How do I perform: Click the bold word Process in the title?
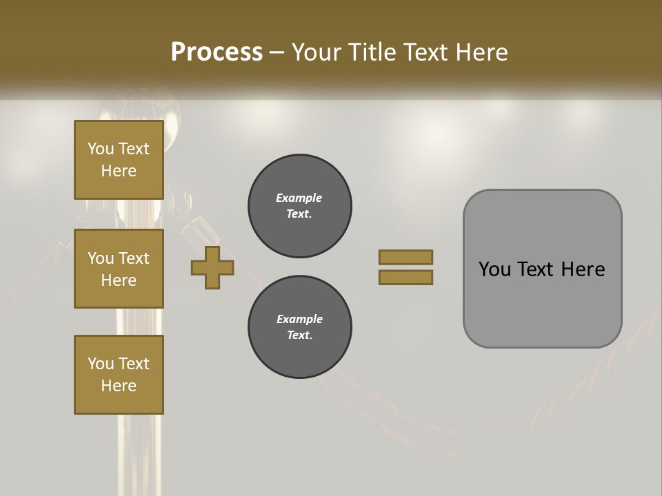tap(217, 52)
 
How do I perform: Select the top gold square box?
tap(119, 160)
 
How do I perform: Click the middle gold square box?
tap(119, 269)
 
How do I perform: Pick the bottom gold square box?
tap(119, 375)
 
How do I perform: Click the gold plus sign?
tap(212, 268)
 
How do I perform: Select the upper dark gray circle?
tap(299, 206)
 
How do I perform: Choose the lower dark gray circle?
tap(299, 327)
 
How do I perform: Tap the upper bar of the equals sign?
tap(405, 257)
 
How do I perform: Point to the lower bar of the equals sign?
tap(405, 278)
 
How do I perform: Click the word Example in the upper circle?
tap(299, 198)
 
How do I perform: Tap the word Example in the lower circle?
tap(299, 319)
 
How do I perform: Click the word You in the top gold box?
tap(101, 149)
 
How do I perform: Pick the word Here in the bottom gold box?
tap(119, 386)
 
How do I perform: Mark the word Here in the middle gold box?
tap(119, 280)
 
